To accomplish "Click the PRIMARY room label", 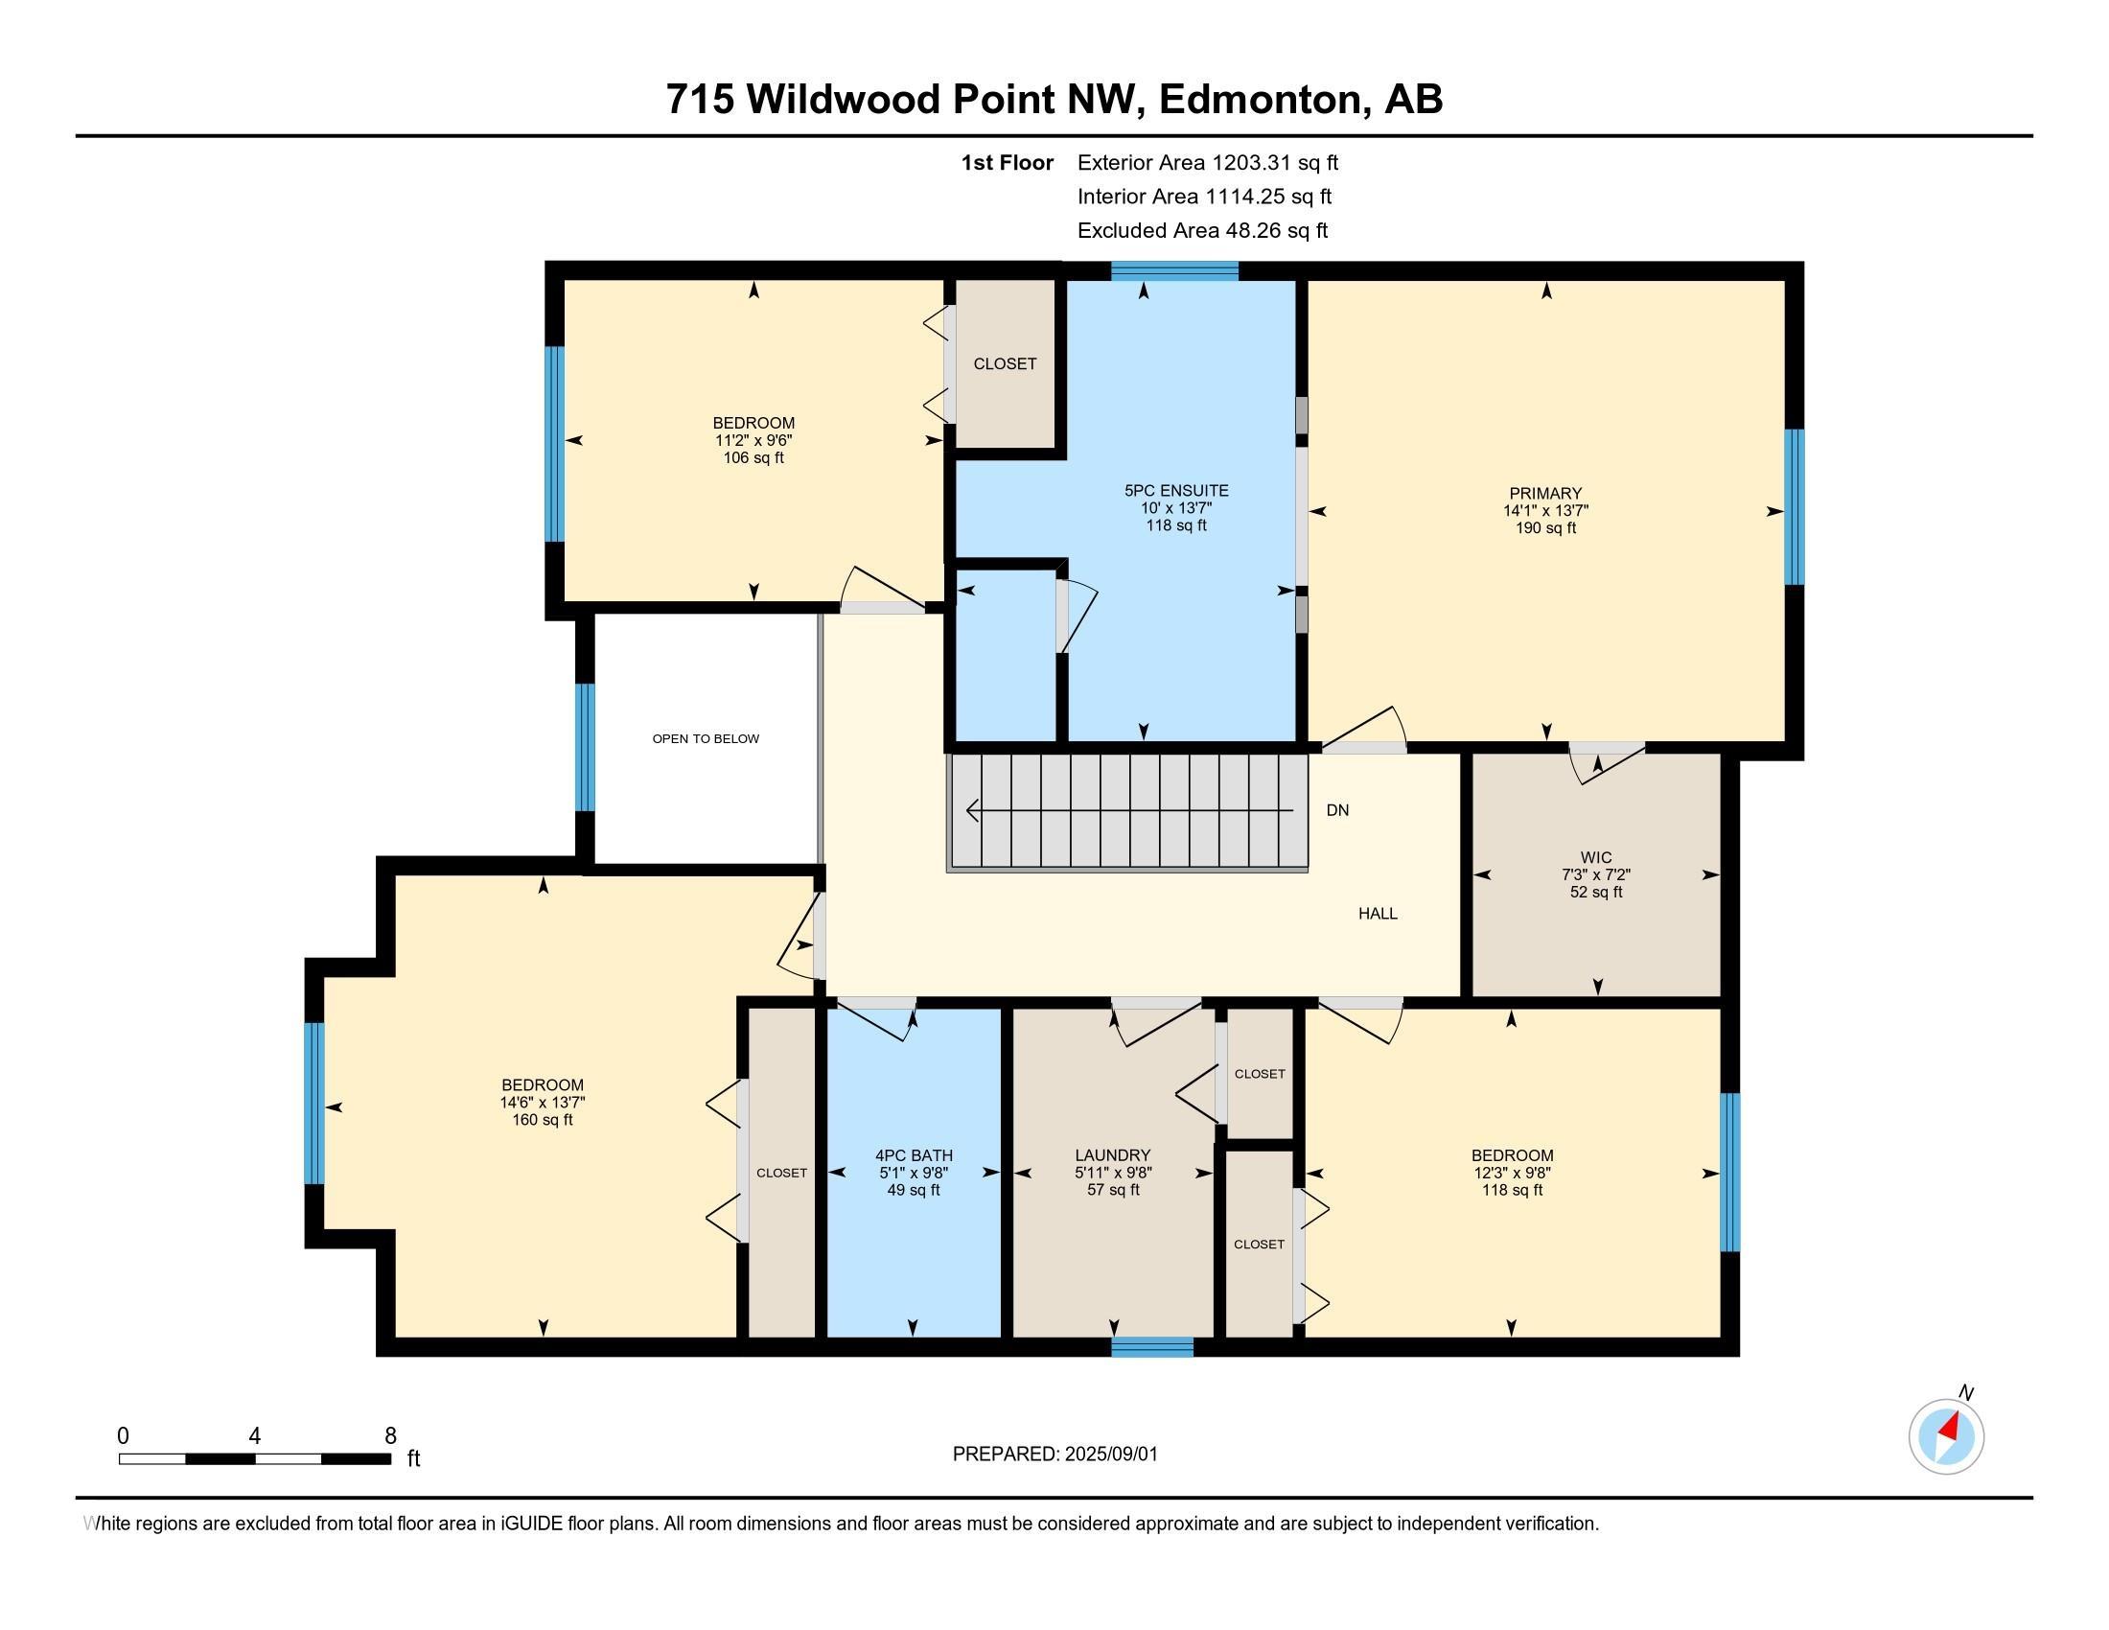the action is click(1546, 494).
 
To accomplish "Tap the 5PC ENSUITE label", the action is click(1176, 491).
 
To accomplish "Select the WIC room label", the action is click(1596, 857).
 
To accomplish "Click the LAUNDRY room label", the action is click(1113, 1155).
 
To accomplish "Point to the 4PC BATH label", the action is click(914, 1155).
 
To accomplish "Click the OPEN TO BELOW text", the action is click(706, 738).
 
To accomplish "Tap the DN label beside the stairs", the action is click(1337, 810).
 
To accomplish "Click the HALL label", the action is click(1378, 914).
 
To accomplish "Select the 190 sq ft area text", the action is click(1546, 528).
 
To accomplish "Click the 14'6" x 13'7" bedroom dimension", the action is click(543, 1103).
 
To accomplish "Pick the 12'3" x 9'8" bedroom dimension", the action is click(1512, 1174).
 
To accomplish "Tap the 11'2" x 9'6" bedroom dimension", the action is click(754, 440).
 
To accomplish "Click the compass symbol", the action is click(1947, 1437).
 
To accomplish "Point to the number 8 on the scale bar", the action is click(390, 1436).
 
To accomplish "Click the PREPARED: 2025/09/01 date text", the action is click(1054, 1455).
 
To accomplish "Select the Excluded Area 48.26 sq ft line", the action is click(1202, 231).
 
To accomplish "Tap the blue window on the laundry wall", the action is click(1152, 1347).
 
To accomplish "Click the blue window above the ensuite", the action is click(1174, 271).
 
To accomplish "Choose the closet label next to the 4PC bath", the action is click(781, 1174).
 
